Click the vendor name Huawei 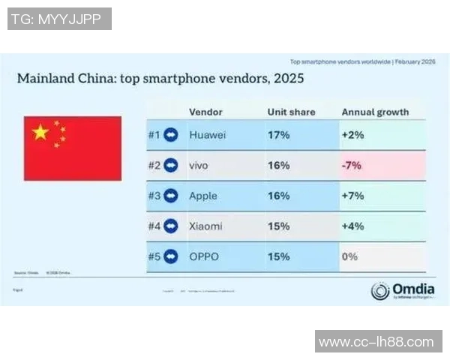point(205,135)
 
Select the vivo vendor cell point(199,166)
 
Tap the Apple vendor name point(202,196)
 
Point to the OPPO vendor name point(203,256)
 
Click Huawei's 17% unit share point(278,135)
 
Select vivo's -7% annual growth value point(352,166)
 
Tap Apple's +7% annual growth point(354,196)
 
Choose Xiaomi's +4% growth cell point(354,226)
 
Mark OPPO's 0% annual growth point(349,256)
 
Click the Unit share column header point(291,112)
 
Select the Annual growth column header point(375,112)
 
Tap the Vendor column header point(205,112)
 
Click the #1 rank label point(154,135)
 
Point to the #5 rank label point(154,256)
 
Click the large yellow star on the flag point(40,133)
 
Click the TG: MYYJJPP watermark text point(59,19)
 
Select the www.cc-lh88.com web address point(376,342)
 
